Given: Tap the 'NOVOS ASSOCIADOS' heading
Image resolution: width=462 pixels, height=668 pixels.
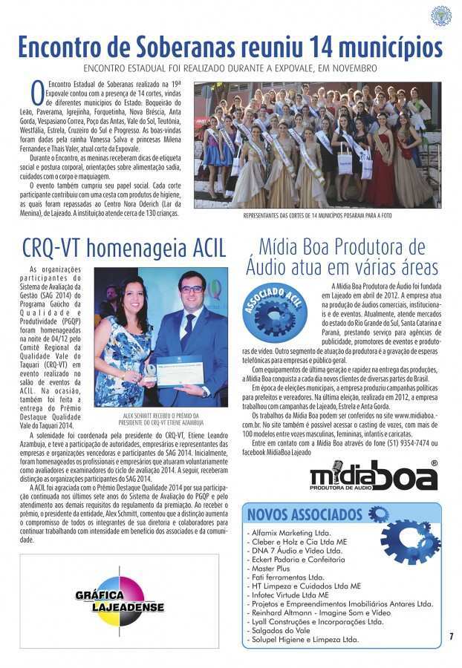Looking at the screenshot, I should [305, 515].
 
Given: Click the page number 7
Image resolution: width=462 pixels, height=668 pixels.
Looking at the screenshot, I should [451, 636].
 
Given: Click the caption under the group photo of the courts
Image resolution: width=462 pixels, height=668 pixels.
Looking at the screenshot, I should [317, 216].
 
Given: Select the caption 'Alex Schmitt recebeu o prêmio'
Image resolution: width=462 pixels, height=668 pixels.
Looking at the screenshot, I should [160, 416].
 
